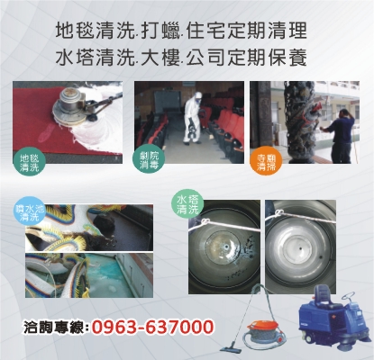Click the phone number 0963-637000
tap(153, 327)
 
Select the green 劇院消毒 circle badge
tap(149, 160)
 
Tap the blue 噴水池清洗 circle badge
tap(30, 213)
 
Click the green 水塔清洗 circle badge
tap(187, 205)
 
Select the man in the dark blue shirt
tap(339, 135)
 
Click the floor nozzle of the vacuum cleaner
tap(233, 349)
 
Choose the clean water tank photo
tap(300, 247)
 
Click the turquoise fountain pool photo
tap(89, 275)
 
